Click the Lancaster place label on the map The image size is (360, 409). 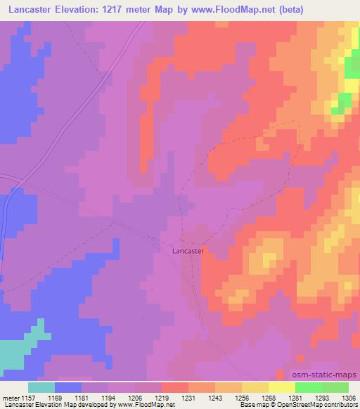click(x=188, y=249)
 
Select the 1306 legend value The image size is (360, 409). click(x=348, y=397)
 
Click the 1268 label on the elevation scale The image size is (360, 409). click(x=269, y=397)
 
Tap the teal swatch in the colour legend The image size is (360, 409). click(x=41, y=387)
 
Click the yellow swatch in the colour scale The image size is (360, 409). click(x=282, y=387)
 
